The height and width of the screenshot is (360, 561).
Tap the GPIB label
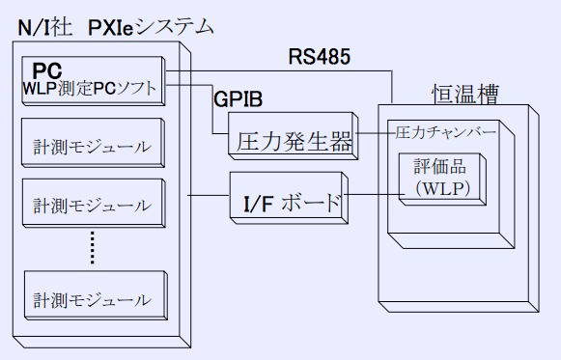pyautogui.click(x=238, y=97)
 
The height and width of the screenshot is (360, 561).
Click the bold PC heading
pyautogui.click(x=47, y=71)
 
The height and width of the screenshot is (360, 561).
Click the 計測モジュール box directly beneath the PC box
pyautogui.click(x=91, y=148)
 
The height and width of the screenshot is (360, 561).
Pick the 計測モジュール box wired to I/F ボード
pyautogui.click(x=91, y=205)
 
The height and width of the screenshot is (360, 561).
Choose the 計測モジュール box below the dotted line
pyautogui.click(x=91, y=300)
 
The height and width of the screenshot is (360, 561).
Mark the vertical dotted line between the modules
pyautogui.click(x=93, y=249)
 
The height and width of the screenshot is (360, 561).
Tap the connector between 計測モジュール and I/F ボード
pyautogui.click(x=207, y=197)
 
